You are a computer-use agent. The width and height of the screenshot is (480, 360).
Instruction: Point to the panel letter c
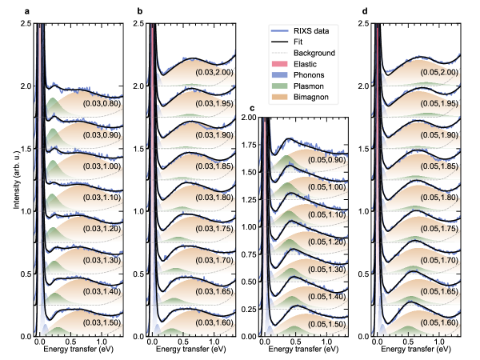pyautogui.click(x=253, y=107)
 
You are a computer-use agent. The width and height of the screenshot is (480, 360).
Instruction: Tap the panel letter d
pyautogui.click(x=366, y=11)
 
